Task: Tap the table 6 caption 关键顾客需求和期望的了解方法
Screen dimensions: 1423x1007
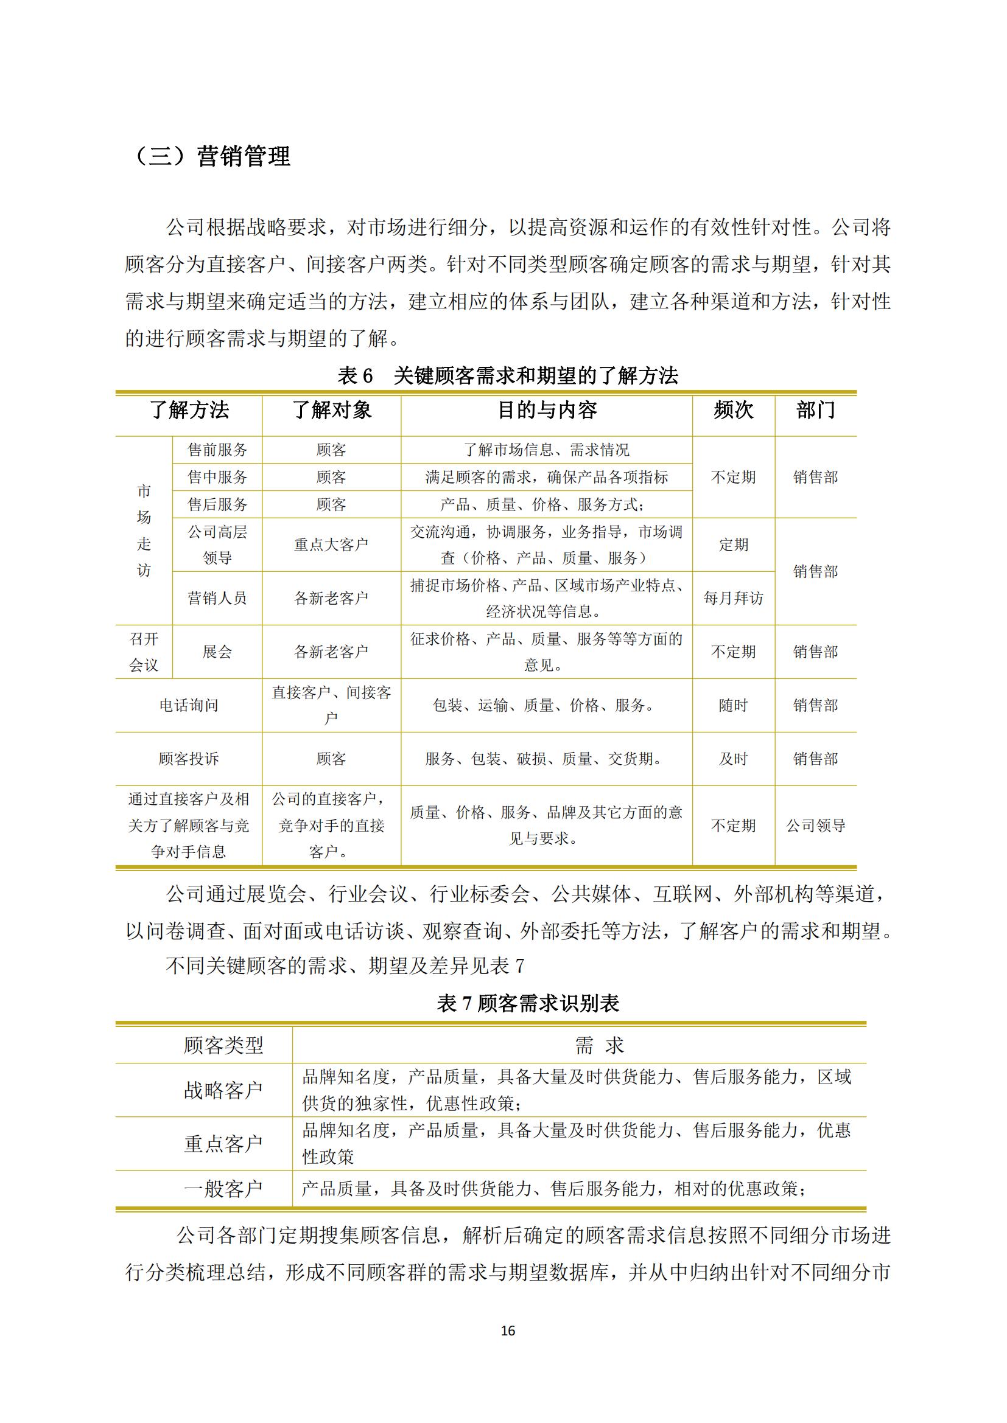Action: [x=508, y=375]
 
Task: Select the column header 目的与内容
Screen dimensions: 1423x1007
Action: [x=547, y=410]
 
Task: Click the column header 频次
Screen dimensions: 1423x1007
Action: [x=733, y=410]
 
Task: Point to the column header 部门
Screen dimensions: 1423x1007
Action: [x=815, y=410]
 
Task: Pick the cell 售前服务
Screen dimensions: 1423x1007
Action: [x=217, y=450]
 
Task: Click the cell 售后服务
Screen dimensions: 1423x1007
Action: [x=217, y=504]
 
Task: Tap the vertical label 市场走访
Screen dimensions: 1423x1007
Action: [x=144, y=531]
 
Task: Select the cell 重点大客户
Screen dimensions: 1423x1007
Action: [x=331, y=544]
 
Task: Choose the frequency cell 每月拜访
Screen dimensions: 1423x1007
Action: [x=733, y=598]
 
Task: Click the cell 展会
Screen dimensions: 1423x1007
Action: [x=217, y=652]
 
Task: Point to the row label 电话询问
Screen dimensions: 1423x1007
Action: [x=189, y=705]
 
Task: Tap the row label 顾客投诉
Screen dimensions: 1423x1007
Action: [x=189, y=759]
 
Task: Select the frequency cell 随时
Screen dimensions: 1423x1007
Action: [x=733, y=705]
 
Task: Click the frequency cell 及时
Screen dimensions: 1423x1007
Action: [x=733, y=759]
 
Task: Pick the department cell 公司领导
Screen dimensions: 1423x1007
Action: [x=815, y=826]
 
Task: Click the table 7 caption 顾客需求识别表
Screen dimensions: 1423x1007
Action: [x=528, y=1003]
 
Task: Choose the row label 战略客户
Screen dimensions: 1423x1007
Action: [x=223, y=1090]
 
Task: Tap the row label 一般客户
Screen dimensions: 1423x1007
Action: [x=223, y=1189]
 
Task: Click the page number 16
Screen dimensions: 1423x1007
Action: [x=508, y=1331]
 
